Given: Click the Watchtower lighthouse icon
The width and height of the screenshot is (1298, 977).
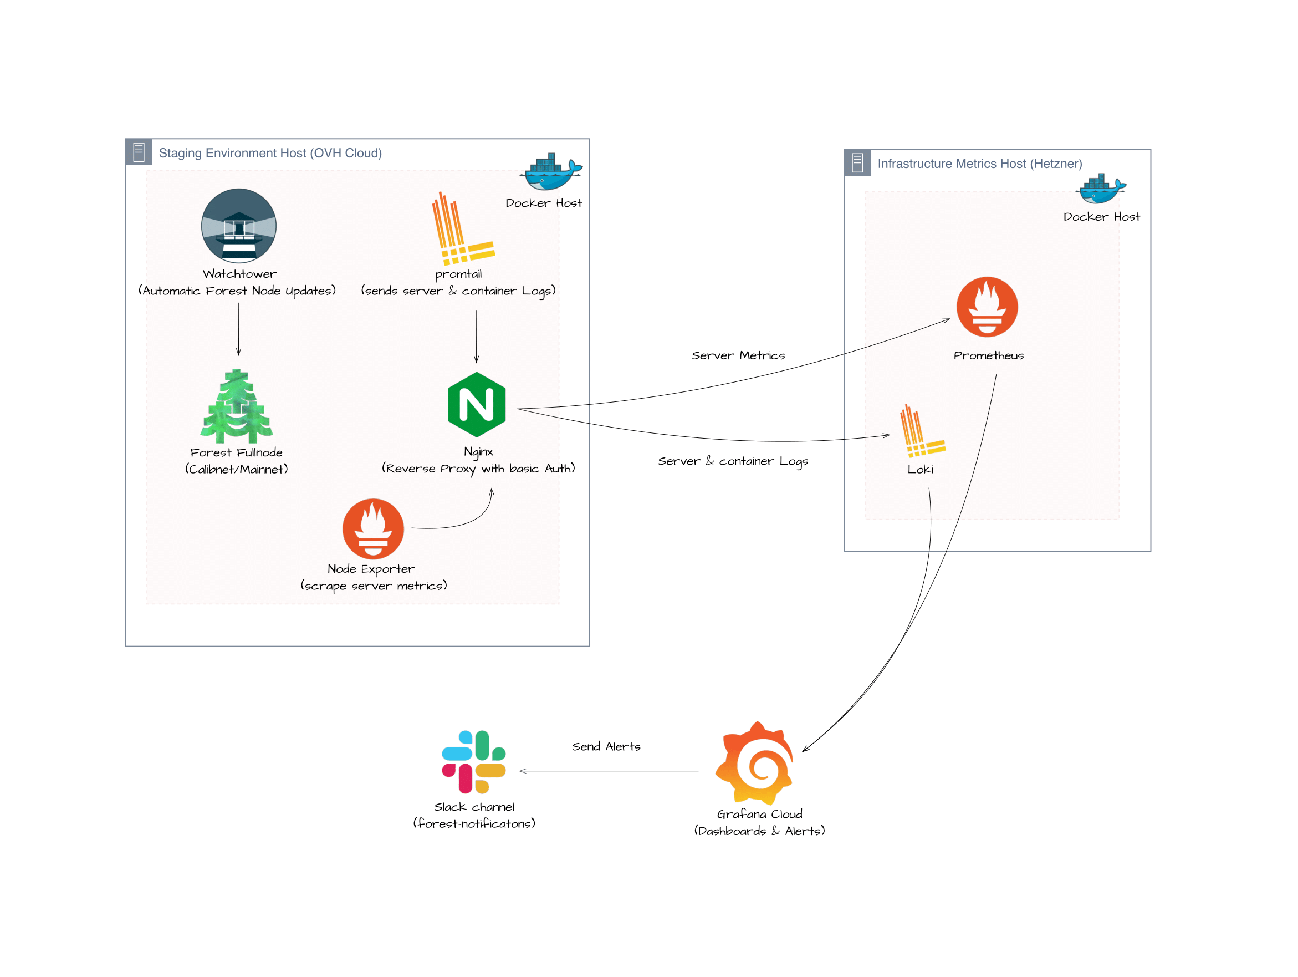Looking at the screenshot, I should coord(239,226).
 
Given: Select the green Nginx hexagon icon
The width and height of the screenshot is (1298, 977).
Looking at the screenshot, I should coord(477,405).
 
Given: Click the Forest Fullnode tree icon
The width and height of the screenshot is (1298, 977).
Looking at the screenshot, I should coord(237,406).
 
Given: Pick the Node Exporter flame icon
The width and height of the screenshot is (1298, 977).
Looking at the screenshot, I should coord(373,528).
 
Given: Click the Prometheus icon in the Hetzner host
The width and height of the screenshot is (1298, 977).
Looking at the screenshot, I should coord(987,307).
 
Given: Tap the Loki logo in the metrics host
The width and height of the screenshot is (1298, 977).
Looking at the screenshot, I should coord(922,432).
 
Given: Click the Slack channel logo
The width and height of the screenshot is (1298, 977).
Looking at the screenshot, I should coord(473,762).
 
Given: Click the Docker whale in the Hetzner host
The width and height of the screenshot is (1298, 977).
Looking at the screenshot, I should coord(1100,189).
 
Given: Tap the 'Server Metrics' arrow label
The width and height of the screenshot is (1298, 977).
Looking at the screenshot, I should coord(738,355).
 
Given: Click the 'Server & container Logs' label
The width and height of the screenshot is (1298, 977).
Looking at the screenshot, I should coord(732,461).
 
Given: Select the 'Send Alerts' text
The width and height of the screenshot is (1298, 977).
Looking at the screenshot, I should coord(606,747).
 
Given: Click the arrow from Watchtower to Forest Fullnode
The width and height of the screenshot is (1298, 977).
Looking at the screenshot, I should coord(238,329).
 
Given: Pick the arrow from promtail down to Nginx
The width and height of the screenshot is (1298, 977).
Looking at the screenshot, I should coord(476,337).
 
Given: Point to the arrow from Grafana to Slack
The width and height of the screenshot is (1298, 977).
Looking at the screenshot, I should coord(609,771).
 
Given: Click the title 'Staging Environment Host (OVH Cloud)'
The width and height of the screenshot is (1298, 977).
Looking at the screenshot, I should coord(270,153).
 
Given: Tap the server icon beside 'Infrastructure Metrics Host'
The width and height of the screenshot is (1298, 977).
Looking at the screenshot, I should coord(857,162).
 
